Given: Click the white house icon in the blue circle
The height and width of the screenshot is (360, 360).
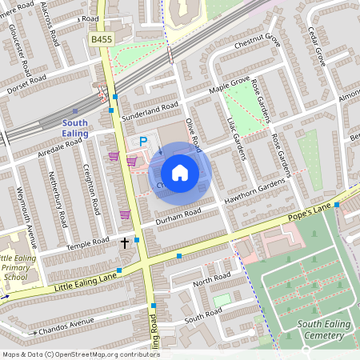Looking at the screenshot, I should tap(180, 172).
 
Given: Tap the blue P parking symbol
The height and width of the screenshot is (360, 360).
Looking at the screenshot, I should tap(144, 142).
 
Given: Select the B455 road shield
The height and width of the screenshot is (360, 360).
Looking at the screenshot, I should tap(102, 38).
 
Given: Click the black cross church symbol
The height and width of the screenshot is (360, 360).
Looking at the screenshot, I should tap(125, 241).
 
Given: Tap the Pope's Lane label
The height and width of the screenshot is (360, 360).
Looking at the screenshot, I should tap(310, 211).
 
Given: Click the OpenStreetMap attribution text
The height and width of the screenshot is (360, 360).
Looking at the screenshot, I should tap(80, 354).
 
